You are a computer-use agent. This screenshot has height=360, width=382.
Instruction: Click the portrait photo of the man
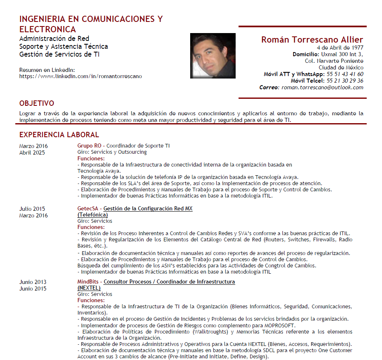212,55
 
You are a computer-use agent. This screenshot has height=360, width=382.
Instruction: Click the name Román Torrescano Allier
312,40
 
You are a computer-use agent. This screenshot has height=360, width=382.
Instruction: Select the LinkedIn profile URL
80,76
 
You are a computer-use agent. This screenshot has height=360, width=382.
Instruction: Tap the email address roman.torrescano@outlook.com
322,87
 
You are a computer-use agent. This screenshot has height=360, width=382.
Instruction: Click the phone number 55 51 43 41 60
345,74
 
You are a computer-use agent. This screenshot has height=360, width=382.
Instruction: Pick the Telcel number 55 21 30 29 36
345,81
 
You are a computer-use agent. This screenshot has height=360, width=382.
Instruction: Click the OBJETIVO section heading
37,103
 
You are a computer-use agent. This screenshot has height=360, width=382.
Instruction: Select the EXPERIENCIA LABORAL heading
59,135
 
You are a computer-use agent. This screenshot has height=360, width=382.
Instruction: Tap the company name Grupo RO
89,146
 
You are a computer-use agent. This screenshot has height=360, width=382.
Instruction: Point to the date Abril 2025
32,153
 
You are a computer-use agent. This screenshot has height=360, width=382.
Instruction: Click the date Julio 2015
32,209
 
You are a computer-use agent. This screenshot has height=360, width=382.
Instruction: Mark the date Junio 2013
33,282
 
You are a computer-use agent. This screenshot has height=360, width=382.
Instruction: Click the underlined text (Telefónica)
93,215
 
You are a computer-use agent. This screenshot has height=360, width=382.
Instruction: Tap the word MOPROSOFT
280,325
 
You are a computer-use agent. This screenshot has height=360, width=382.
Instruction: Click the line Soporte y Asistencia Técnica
64,46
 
